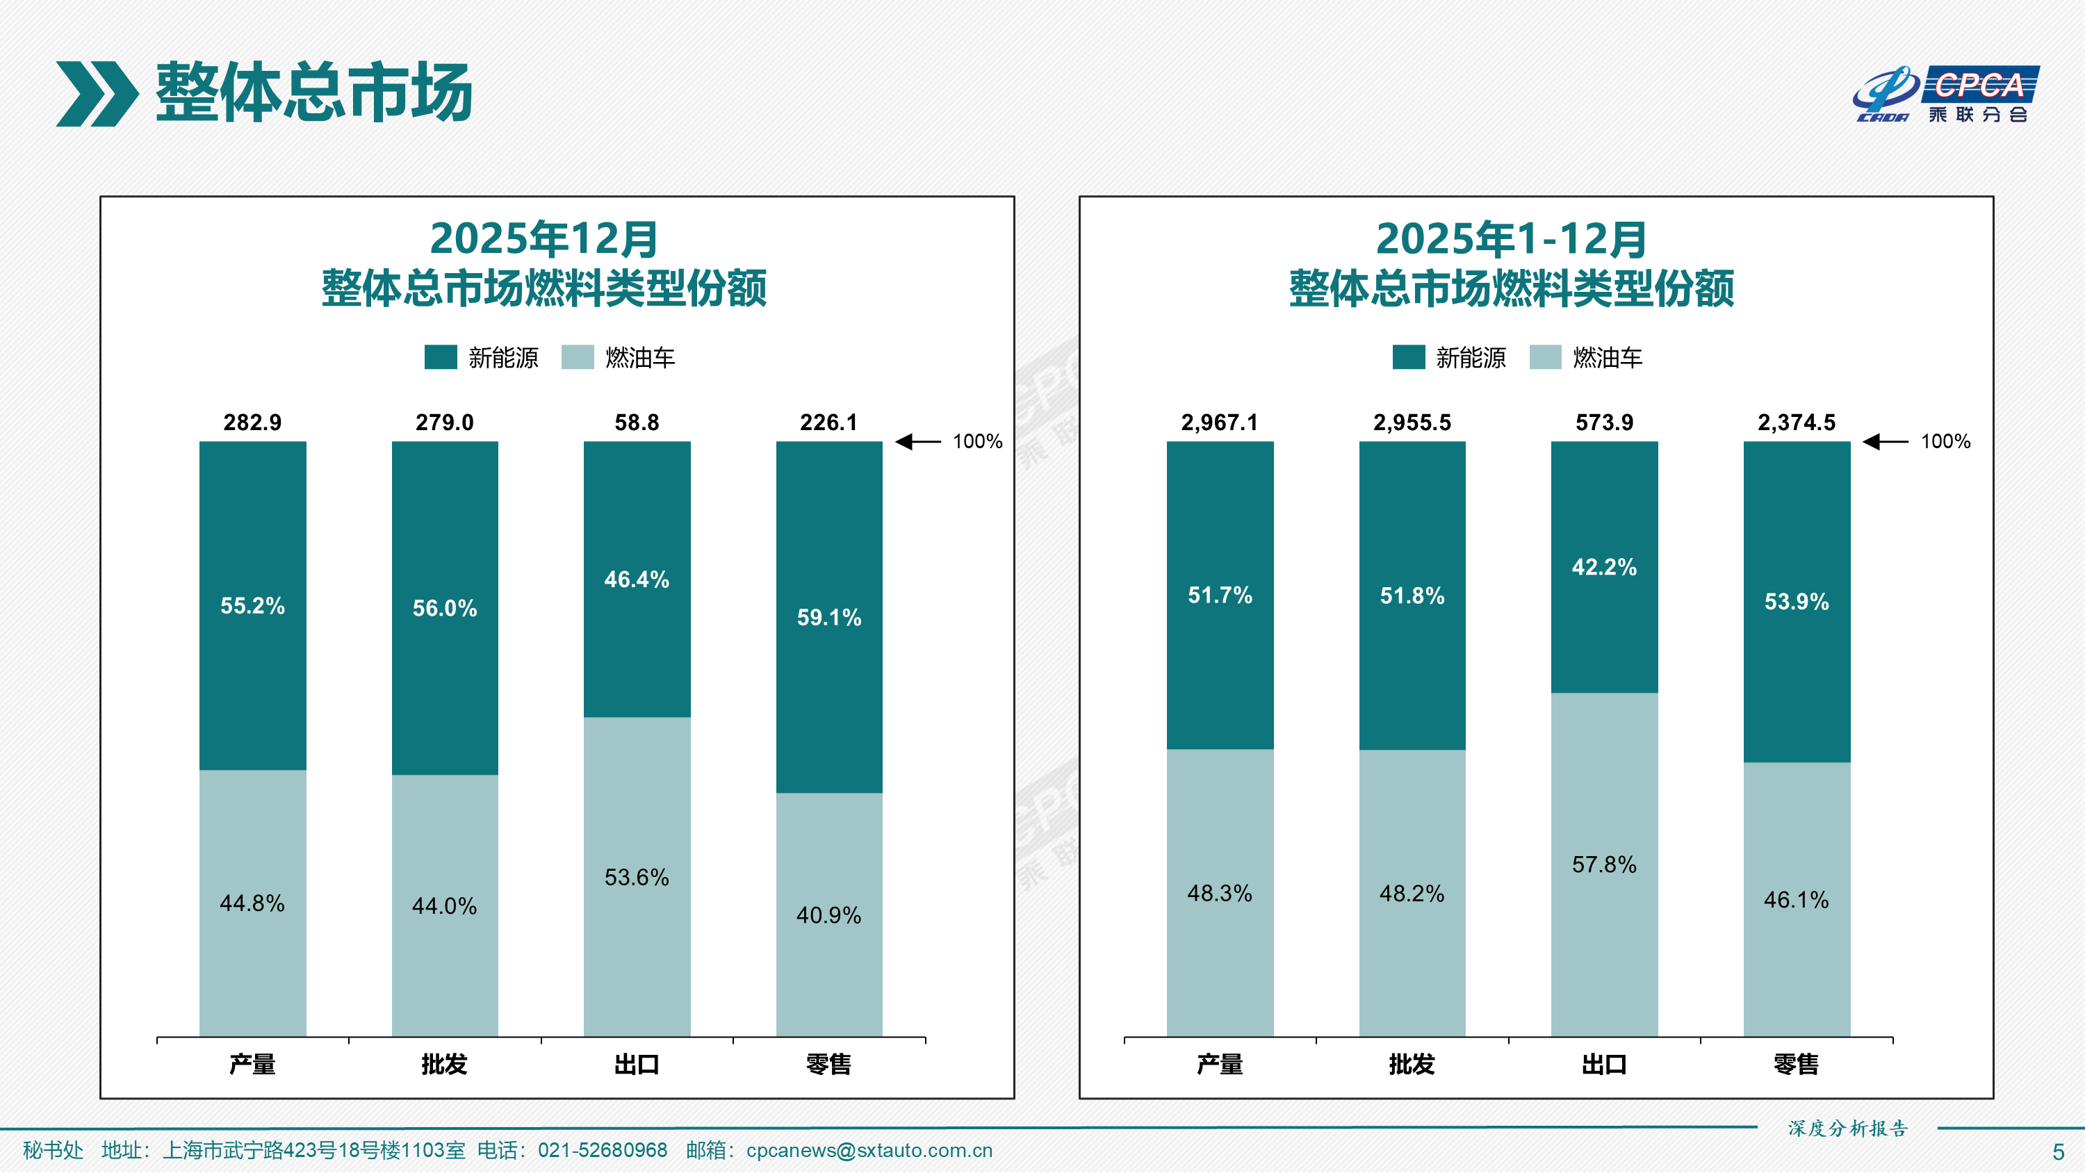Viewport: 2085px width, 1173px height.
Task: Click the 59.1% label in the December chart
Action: tap(829, 618)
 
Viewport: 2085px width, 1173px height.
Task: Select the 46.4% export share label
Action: tap(637, 580)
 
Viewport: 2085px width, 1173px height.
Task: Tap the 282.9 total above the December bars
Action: tap(252, 423)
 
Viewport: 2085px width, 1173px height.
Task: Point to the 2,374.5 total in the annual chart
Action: tap(1796, 423)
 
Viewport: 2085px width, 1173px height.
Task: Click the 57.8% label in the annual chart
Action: tap(1604, 864)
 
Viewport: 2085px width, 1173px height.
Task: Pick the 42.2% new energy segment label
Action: tap(1604, 566)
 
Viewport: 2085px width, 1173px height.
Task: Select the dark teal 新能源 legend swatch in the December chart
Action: tap(441, 357)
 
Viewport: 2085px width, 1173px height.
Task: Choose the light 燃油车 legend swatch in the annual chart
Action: tap(1545, 357)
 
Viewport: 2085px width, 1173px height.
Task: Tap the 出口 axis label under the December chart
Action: tap(637, 1065)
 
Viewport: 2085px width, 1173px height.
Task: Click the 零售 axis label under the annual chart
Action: tap(1796, 1065)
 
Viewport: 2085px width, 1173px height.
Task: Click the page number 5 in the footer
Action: tap(2059, 1152)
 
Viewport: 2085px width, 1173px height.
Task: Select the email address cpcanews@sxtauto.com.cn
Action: tap(869, 1150)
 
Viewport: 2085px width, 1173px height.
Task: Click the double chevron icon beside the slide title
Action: tap(97, 94)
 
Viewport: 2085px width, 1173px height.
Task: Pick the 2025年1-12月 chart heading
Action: tap(1511, 239)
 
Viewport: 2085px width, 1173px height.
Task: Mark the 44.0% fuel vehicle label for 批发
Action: tap(444, 906)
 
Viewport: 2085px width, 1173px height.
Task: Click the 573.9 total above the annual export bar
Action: tap(1604, 423)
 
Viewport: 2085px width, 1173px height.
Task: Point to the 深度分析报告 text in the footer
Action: tap(1848, 1129)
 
